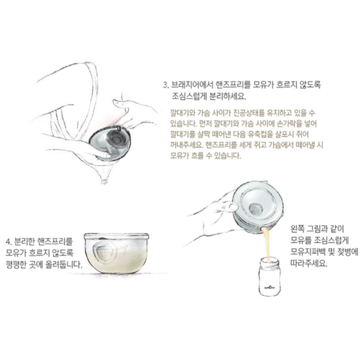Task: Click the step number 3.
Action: click(x=166, y=85)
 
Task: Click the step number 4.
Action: click(x=8, y=242)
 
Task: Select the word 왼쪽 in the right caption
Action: click(x=297, y=229)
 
